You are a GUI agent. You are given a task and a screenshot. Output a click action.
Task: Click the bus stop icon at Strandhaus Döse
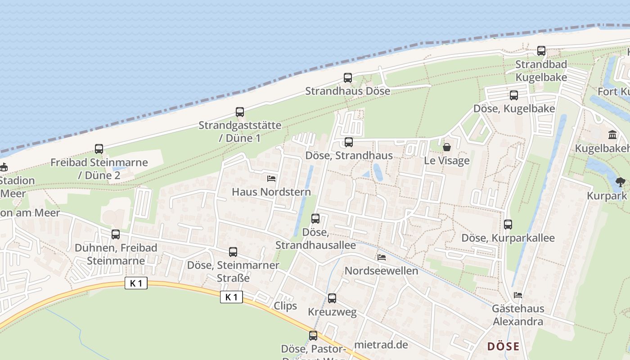click(348, 78)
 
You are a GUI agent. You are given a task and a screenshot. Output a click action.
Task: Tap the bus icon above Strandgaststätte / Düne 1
click(240, 112)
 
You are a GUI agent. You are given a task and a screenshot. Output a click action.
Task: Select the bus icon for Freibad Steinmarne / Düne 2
click(99, 149)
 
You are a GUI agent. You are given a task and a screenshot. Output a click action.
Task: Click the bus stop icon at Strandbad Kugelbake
click(541, 51)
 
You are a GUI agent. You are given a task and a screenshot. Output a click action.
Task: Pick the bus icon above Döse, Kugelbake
click(514, 95)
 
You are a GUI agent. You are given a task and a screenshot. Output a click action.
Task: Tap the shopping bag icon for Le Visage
click(447, 147)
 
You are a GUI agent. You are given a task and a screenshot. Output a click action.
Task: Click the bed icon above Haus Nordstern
click(271, 179)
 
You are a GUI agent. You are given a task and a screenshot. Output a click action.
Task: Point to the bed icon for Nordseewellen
click(382, 257)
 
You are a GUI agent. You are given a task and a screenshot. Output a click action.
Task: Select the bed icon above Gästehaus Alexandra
click(518, 295)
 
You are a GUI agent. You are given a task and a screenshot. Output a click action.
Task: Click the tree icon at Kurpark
click(621, 182)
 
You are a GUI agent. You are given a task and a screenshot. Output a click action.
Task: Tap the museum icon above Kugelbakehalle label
click(612, 135)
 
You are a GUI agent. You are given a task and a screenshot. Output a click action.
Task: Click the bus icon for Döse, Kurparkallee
click(508, 225)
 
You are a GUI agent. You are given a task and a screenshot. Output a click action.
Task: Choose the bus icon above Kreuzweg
click(332, 298)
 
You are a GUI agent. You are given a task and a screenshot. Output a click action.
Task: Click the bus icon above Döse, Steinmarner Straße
click(233, 252)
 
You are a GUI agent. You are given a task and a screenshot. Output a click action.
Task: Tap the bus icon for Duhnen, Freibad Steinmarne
click(116, 234)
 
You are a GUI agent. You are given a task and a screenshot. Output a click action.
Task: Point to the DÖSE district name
click(504, 346)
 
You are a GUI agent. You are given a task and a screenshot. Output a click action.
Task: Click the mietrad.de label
click(381, 345)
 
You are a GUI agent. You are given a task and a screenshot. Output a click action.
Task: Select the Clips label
click(285, 306)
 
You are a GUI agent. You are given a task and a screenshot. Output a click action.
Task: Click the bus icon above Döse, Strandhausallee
click(315, 219)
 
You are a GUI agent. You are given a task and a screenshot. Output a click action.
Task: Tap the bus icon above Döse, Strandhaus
click(349, 143)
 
